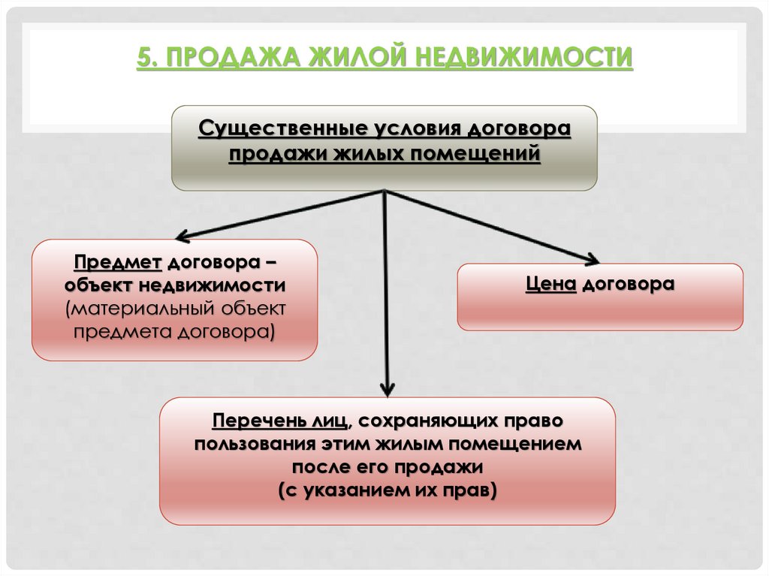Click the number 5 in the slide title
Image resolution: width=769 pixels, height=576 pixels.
(x=143, y=56)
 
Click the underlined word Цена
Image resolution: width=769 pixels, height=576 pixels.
(x=551, y=285)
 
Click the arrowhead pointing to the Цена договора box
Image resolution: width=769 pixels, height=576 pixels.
(x=592, y=260)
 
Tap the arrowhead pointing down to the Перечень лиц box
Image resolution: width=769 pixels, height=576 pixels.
(x=387, y=390)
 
